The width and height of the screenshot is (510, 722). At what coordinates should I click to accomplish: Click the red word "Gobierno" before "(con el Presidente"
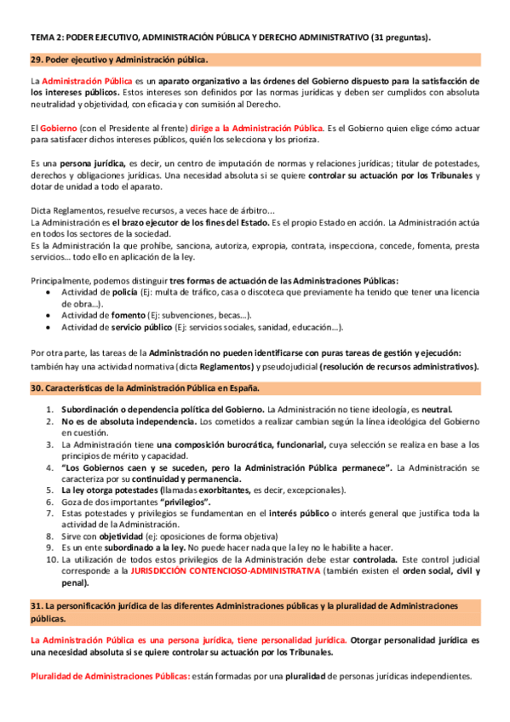[60, 127]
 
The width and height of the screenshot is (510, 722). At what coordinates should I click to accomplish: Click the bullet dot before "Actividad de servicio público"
[50, 326]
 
